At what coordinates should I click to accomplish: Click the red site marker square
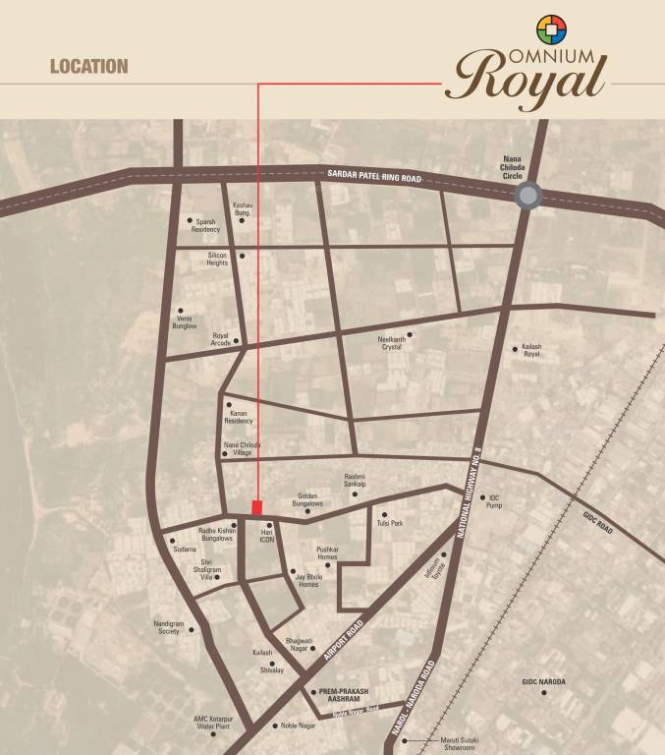coord(257,507)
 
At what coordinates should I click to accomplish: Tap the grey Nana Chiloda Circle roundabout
coord(528,196)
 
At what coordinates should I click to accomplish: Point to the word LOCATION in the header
coord(88,67)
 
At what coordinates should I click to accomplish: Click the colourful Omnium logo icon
coord(550,29)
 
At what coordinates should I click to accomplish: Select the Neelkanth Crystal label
coord(391,343)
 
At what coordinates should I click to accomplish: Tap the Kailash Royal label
coord(531,351)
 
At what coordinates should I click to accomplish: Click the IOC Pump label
coord(493,502)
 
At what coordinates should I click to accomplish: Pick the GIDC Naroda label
coord(544,681)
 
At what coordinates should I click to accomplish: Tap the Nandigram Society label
coord(166,628)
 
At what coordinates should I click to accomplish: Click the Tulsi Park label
coord(390,523)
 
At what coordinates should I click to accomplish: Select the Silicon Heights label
coord(217,259)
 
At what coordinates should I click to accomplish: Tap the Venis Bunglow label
coord(185,321)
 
